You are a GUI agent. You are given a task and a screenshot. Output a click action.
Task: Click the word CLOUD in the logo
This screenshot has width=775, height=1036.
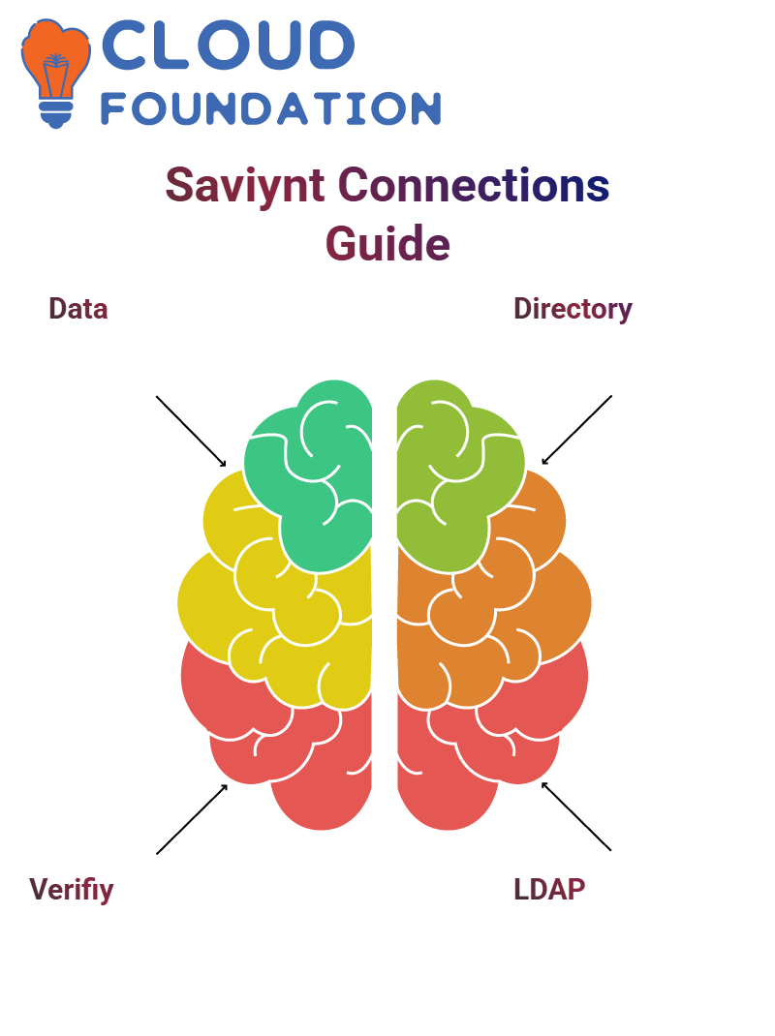228,45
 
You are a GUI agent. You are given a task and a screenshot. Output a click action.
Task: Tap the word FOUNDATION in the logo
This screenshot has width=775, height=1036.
270,108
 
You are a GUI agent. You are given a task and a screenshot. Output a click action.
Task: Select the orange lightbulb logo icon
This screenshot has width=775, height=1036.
56,73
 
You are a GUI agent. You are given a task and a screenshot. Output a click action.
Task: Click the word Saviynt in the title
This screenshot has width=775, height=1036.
245,186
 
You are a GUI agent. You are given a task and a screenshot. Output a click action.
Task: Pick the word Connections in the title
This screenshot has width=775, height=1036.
474,185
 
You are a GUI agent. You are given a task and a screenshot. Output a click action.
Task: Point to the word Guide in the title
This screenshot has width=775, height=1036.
387,244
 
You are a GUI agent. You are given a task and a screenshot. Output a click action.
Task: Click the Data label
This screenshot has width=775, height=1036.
78,309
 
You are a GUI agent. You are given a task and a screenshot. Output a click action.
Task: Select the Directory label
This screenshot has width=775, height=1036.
573,309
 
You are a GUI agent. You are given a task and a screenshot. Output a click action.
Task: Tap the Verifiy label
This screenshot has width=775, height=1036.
72,890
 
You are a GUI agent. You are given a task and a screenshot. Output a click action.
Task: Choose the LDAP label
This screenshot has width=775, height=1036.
549,890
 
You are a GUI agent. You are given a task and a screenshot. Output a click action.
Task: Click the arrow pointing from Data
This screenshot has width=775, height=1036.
191,432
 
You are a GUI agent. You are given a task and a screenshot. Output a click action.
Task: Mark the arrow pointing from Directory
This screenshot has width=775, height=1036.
576,430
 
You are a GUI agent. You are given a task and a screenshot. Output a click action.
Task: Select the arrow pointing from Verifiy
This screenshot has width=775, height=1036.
192,819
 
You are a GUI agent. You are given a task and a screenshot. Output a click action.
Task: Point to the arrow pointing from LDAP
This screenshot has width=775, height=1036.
576,816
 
